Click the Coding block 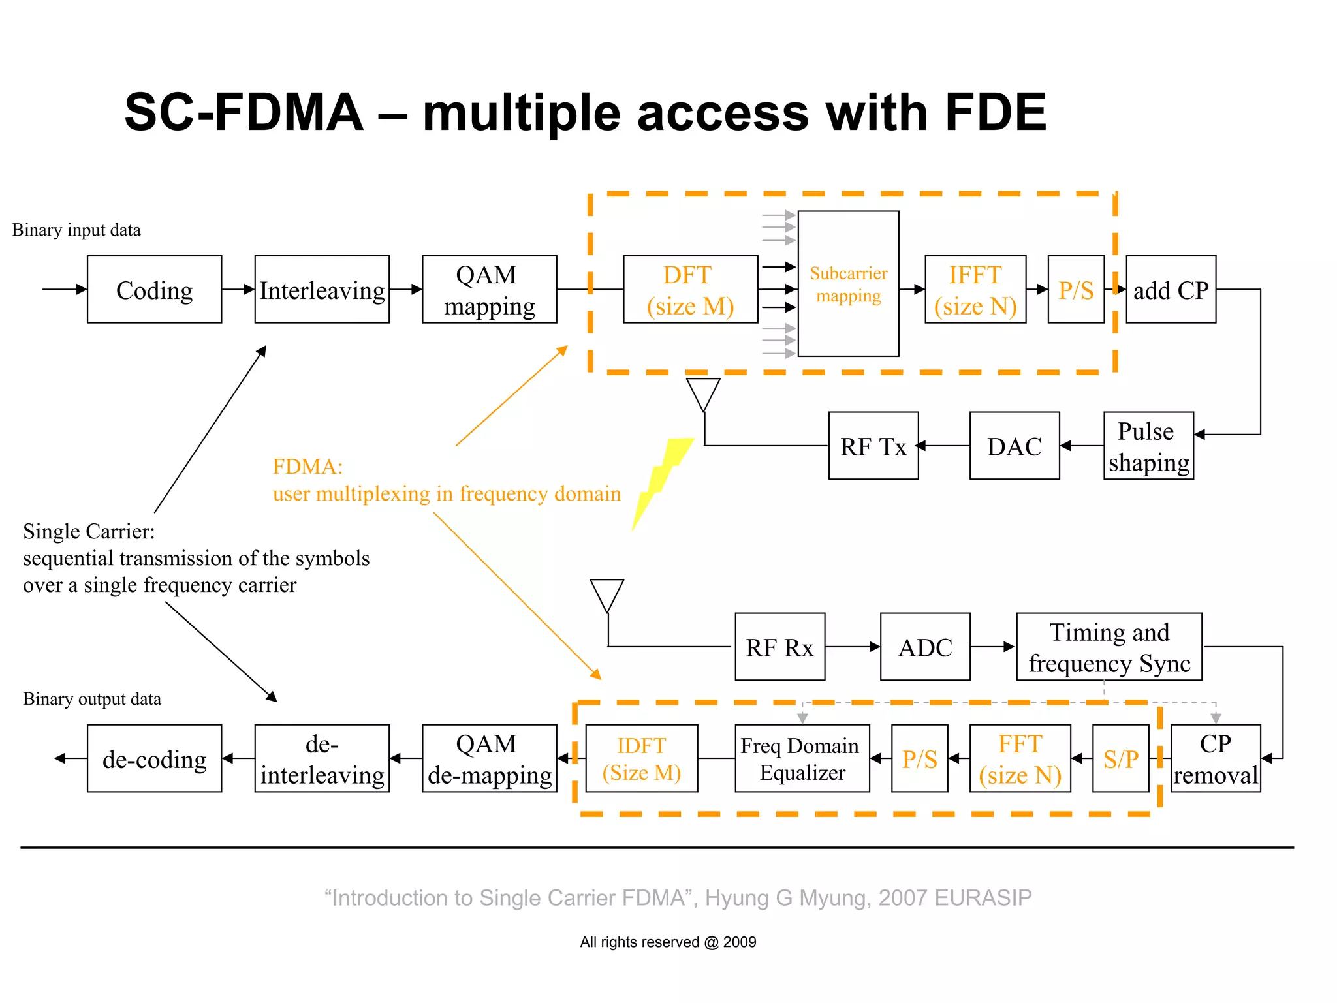(154, 289)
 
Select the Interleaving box (322, 289)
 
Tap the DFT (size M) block (690, 289)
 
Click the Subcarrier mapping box (848, 284)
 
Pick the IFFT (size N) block (975, 289)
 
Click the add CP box (1171, 289)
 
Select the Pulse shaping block (1148, 446)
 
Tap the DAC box (1014, 446)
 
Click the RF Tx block (873, 446)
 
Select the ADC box (924, 647)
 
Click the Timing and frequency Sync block (1109, 647)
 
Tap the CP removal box (1215, 758)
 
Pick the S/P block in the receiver (1120, 758)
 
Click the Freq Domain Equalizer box (802, 758)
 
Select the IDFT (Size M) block (641, 758)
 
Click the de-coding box (154, 758)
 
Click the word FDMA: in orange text (307, 467)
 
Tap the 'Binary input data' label (76, 230)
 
